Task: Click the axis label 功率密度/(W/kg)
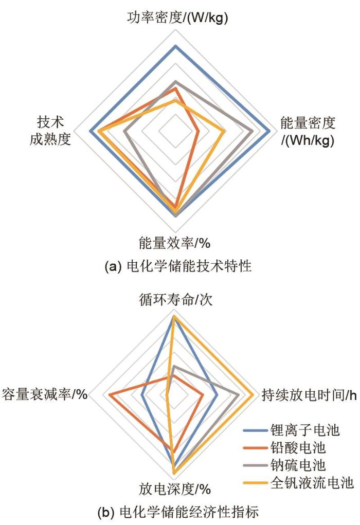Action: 177,18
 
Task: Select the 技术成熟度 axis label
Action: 50,131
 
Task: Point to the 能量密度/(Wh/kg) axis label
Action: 308,131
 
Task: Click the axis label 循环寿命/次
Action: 176,299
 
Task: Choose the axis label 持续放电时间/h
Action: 309,395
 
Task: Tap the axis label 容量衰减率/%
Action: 45,394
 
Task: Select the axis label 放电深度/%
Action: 175,489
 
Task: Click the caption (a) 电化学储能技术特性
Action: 178,266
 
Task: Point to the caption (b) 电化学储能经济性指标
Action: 178,512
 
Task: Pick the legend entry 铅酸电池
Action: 284,448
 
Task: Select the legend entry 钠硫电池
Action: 284,465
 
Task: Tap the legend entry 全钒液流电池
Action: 298,483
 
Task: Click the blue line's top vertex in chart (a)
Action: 175,46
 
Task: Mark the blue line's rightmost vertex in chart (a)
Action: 269,131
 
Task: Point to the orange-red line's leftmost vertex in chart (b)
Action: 110,395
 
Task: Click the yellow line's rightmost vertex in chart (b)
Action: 254,395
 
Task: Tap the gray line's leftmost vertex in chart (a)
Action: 124,131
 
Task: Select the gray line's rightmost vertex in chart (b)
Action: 239,395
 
